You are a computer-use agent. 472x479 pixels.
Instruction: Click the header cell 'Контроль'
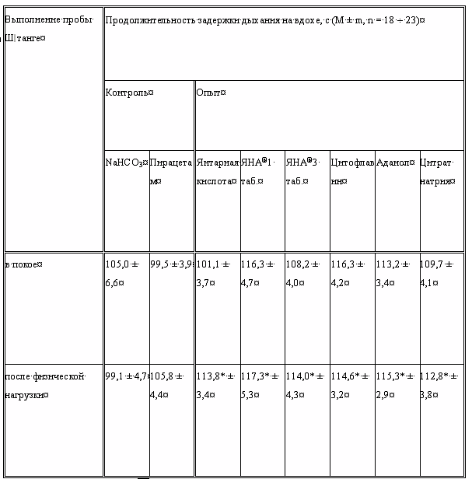coord(129,93)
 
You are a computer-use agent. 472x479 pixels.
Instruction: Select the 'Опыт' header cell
coord(211,93)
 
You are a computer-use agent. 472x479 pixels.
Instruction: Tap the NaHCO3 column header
coord(126,163)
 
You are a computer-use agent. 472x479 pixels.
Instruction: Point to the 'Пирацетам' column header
coord(171,171)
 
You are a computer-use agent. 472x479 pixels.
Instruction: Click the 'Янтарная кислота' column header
coord(217,171)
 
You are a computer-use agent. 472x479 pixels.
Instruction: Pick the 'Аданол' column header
coord(394,163)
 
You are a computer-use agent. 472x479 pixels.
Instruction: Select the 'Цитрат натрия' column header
coord(439,171)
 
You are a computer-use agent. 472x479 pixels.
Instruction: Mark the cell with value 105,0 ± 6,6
coord(124,273)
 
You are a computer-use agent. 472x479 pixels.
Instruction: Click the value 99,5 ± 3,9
coord(171,264)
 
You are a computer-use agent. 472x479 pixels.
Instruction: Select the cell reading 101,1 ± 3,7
coord(215,273)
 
